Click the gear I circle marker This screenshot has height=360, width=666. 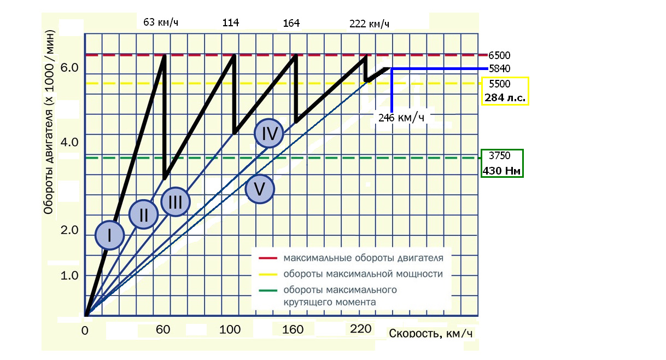coord(109,235)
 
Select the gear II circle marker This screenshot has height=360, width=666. coord(143,214)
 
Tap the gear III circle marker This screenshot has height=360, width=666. coord(176,202)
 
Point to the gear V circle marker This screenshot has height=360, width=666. coord(260,189)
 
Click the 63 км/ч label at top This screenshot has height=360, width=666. coord(161,22)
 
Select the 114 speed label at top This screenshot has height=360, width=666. coord(231,22)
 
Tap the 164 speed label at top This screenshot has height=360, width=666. coord(291,24)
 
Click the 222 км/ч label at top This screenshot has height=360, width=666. coord(369,24)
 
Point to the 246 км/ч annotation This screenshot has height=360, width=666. coord(401,117)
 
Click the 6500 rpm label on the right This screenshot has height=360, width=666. coord(499,55)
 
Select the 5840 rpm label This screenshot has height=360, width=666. coord(499,69)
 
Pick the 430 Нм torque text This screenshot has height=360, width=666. coord(501,171)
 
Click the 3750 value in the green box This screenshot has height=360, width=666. coord(499,155)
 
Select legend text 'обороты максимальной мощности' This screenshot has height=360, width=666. coord(363,274)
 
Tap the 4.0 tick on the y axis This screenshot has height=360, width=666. coord(70,142)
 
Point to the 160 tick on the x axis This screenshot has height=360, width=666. coord(293,330)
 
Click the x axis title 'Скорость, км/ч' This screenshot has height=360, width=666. coord(430,333)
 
